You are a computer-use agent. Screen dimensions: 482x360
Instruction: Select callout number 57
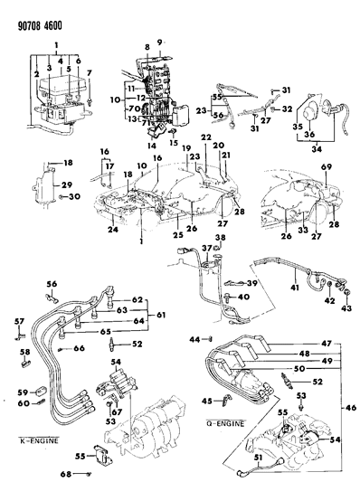click(x=17, y=322)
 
